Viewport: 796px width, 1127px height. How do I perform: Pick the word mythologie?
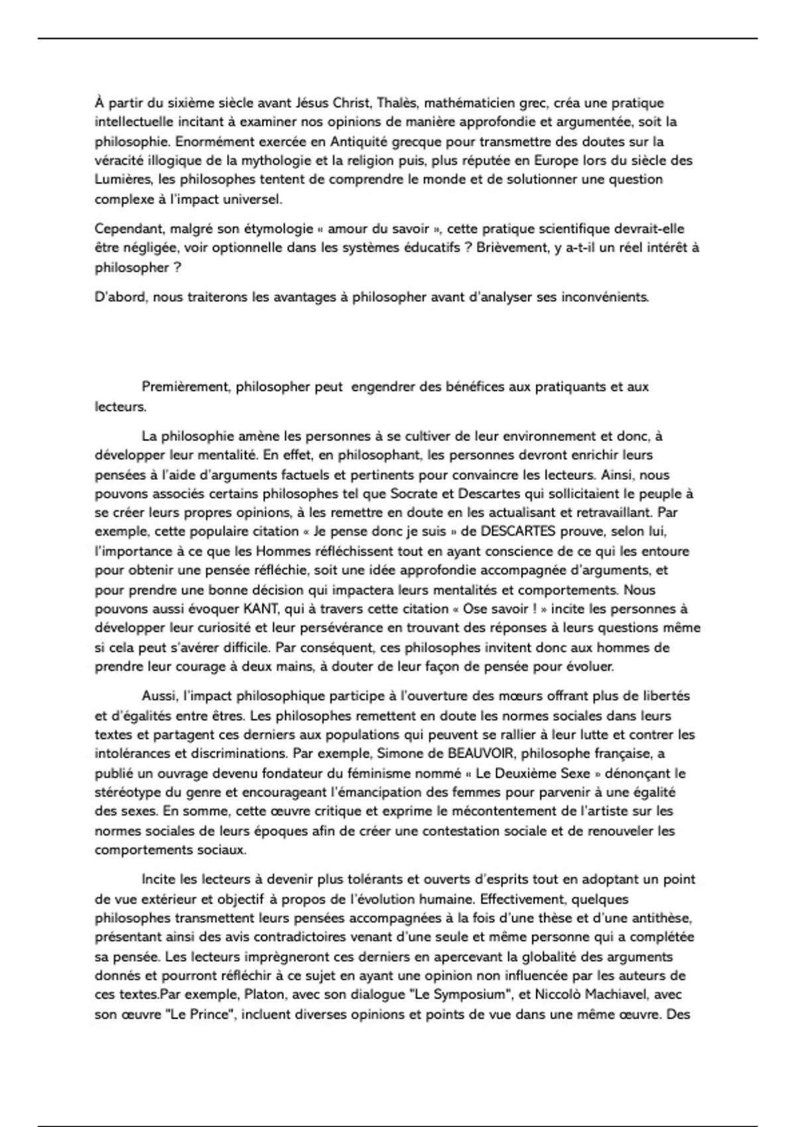coord(271,160)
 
